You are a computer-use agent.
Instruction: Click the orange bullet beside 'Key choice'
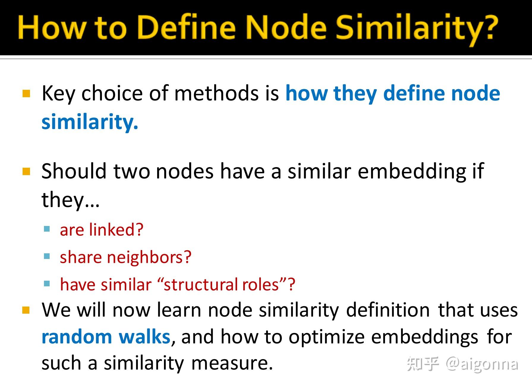[26, 94]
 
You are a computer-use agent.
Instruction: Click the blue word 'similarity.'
[90, 122]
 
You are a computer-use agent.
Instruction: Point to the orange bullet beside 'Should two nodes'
[26, 172]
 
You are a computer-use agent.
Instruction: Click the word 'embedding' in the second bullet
[412, 172]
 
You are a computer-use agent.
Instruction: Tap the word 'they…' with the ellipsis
[70, 200]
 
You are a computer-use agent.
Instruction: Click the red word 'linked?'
[116, 230]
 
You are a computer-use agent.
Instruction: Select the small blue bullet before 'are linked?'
[47, 229]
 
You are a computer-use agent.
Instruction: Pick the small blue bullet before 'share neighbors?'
[47, 256]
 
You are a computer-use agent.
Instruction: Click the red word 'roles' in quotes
[260, 285]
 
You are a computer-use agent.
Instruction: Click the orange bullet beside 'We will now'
[26, 310]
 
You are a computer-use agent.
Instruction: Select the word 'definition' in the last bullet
[388, 310]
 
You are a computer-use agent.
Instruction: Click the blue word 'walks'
[144, 337]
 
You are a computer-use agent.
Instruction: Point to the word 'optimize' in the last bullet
[326, 337]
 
